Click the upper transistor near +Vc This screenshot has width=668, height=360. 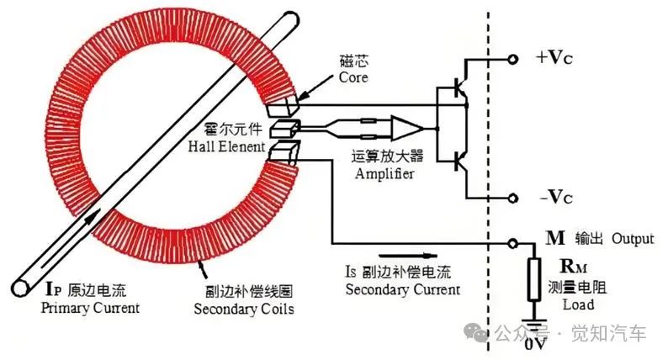[459, 88]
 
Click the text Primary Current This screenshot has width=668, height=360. [90, 309]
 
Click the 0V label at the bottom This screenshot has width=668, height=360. [535, 344]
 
